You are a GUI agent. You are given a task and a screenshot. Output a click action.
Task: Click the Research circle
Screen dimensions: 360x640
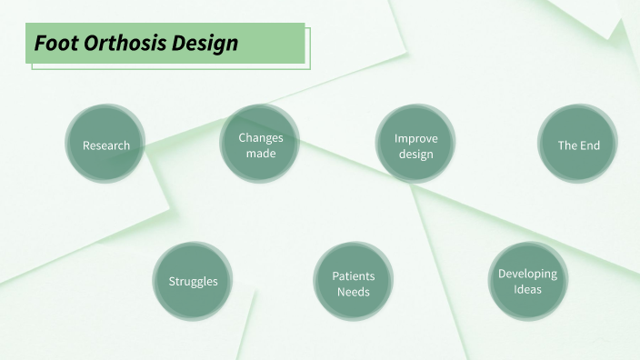[106, 145]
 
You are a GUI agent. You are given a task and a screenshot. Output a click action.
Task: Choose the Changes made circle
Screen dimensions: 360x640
[261, 145]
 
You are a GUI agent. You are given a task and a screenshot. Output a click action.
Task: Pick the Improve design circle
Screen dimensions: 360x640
[416, 145]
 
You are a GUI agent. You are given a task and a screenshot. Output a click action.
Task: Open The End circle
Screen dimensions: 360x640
[578, 145]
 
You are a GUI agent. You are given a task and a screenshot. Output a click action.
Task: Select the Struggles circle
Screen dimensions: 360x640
[193, 281]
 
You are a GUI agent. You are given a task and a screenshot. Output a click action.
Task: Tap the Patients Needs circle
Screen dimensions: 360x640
[353, 283]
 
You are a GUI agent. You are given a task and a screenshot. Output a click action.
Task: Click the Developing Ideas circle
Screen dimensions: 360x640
[527, 281]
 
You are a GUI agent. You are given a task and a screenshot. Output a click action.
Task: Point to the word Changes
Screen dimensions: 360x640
[261, 137]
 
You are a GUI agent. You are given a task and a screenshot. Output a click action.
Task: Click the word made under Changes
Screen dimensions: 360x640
[261, 153]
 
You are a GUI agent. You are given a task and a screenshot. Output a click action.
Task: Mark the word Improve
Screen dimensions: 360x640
[416, 138]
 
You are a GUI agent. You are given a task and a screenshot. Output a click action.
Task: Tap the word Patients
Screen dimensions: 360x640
[353, 275]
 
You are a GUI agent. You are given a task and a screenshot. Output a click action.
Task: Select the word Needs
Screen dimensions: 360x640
[353, 291]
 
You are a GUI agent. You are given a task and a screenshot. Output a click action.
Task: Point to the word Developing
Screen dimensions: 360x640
[527, 274]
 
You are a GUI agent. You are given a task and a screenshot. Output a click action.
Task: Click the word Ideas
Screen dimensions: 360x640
[527, 289]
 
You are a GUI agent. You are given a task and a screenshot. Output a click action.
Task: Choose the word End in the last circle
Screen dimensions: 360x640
[590, 145]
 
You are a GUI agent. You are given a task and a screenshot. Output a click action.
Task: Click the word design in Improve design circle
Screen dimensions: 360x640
[416, 154]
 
